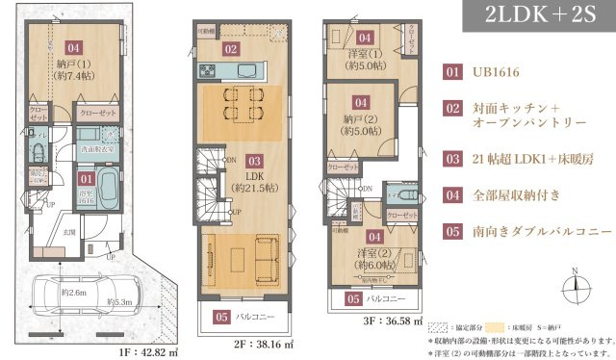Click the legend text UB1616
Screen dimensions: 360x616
497,72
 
